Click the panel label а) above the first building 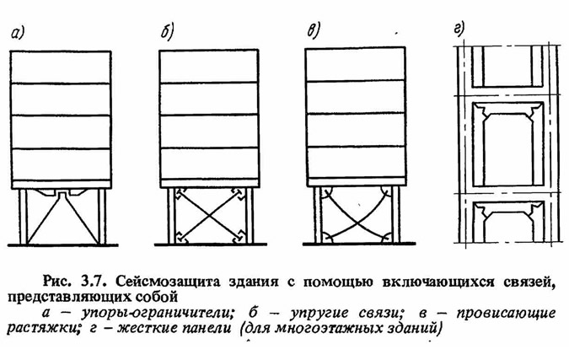(x=17, y=34)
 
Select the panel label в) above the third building (x=313, y=30)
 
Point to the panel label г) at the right (x=459, y=29)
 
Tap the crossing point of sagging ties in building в (x=357, y=220)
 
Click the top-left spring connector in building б (x=180, y=193)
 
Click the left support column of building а (x=24, y=217)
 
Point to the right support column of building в (x=395, y=214)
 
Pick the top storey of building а (x=60, y=67)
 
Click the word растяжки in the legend (x=44, y=329)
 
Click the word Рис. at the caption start (x=56, y=282)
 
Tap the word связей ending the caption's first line (x=530, y=282)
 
